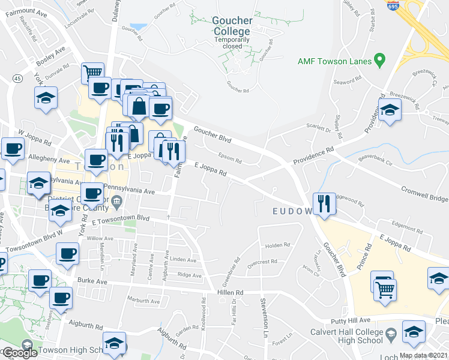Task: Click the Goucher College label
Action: (x=232, y=26)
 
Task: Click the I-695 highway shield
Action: (x=392, y=6)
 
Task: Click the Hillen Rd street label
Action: (x=230, y=292)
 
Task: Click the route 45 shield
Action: (x=17, y=79)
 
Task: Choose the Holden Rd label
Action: (x=277, y=245)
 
